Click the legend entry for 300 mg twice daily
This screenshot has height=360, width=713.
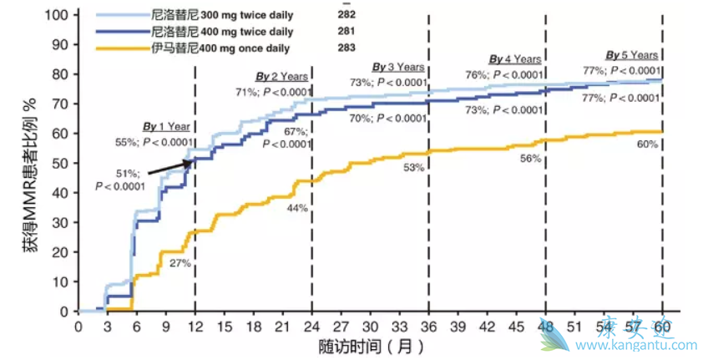pyautogui.click(x=225, y=15)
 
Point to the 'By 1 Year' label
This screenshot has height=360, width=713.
pyautogui.click(x=166, y=127)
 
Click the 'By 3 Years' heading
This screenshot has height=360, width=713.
pyautogui.click(x=398, y=67)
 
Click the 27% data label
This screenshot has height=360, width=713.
pyautogui.click(x=180, y=263)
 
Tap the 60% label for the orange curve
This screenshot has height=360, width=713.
pyautogui.click(x=647, y=145)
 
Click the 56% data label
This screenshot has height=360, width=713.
pyautogui.click(x=530, y=158)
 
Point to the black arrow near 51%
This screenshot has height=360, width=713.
pyautogui.click(x=170, y=165)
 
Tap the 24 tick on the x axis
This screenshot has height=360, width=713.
pyautogui.click(x=311, y=327)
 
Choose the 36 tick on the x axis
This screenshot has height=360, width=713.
pyautogui.click(x=428, y=327)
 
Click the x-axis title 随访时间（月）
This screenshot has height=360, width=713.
pyautogui.click(x=371, y=346)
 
